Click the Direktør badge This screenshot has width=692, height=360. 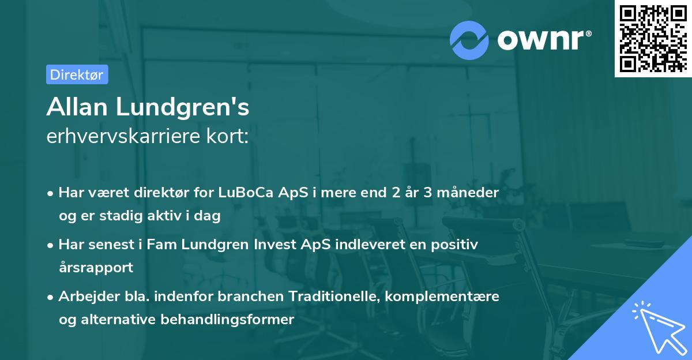click(77, 74)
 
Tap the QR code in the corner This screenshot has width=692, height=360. click(653, 38)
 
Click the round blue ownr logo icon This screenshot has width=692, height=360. click(469, 39)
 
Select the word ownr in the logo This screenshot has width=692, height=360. click(543, 40)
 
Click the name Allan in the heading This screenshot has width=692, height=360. click(77, 107)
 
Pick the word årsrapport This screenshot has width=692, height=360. click(96, 267)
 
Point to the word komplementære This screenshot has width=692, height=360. click(442, 296)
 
